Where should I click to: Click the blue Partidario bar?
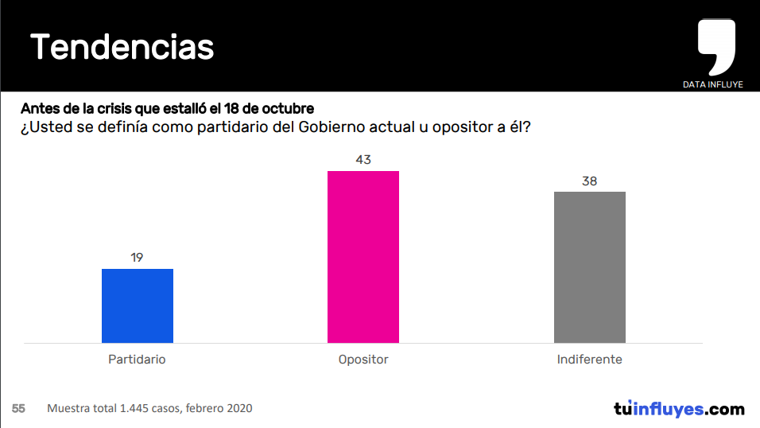point(138,305)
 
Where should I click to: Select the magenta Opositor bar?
point(363,256)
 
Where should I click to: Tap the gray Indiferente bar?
point(589,267)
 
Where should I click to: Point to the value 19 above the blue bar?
point(137,258)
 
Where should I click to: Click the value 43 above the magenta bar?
point(363,160)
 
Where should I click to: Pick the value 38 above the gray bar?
point(589,181)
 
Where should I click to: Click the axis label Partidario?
point(137,360)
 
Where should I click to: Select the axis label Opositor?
point(363,360)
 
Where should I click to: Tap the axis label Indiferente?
point(589,360)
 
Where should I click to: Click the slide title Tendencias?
point(122,48)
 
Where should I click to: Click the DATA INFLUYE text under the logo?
point(712,84)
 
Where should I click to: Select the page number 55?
point(19,408)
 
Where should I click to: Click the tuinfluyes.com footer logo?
point(679,409)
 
